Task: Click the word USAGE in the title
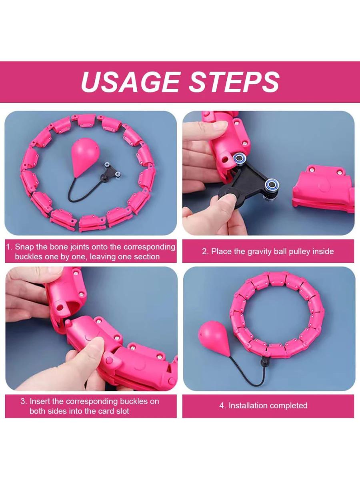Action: [x=130, y=82]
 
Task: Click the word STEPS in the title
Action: [x=234, y=82]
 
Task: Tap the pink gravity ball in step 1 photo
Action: [x=85, y=158]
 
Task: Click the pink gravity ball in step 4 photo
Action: [x=214, y=338]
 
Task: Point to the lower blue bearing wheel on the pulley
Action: [x=271, y=184]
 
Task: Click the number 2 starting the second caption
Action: [x=204, y=252]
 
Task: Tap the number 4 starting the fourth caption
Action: [x=222, y=406]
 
